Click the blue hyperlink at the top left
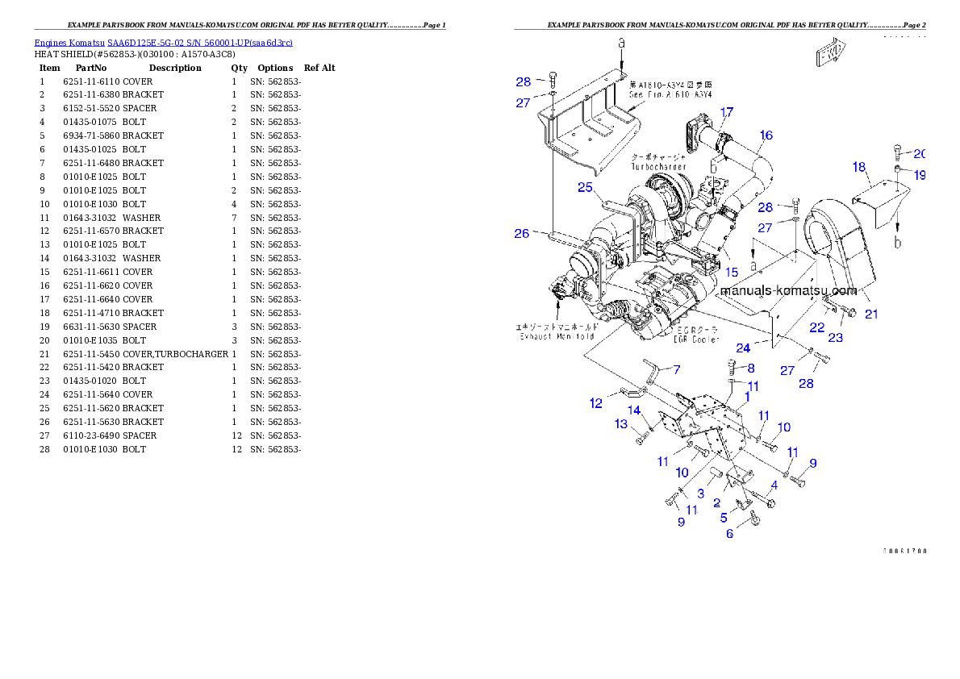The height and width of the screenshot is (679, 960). tap(163, 42)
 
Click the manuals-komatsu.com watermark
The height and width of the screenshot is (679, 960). tap(788, 290)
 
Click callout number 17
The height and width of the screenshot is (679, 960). tap(727, 112)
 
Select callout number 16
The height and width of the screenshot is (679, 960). tap(766, 135)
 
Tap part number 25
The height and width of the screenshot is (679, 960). tap(585, 187)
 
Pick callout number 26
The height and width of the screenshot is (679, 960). tap(522, 234)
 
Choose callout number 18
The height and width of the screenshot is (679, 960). tap(859, 167)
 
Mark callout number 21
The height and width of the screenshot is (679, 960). tap(871, 314)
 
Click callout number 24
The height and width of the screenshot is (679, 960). tap(743, 348)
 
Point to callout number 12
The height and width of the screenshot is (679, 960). tap(596, 403)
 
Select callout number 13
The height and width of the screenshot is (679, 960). tap(621, 423)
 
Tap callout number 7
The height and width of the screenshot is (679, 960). tap(677, 369)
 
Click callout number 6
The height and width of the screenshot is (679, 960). tap(730, 533)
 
